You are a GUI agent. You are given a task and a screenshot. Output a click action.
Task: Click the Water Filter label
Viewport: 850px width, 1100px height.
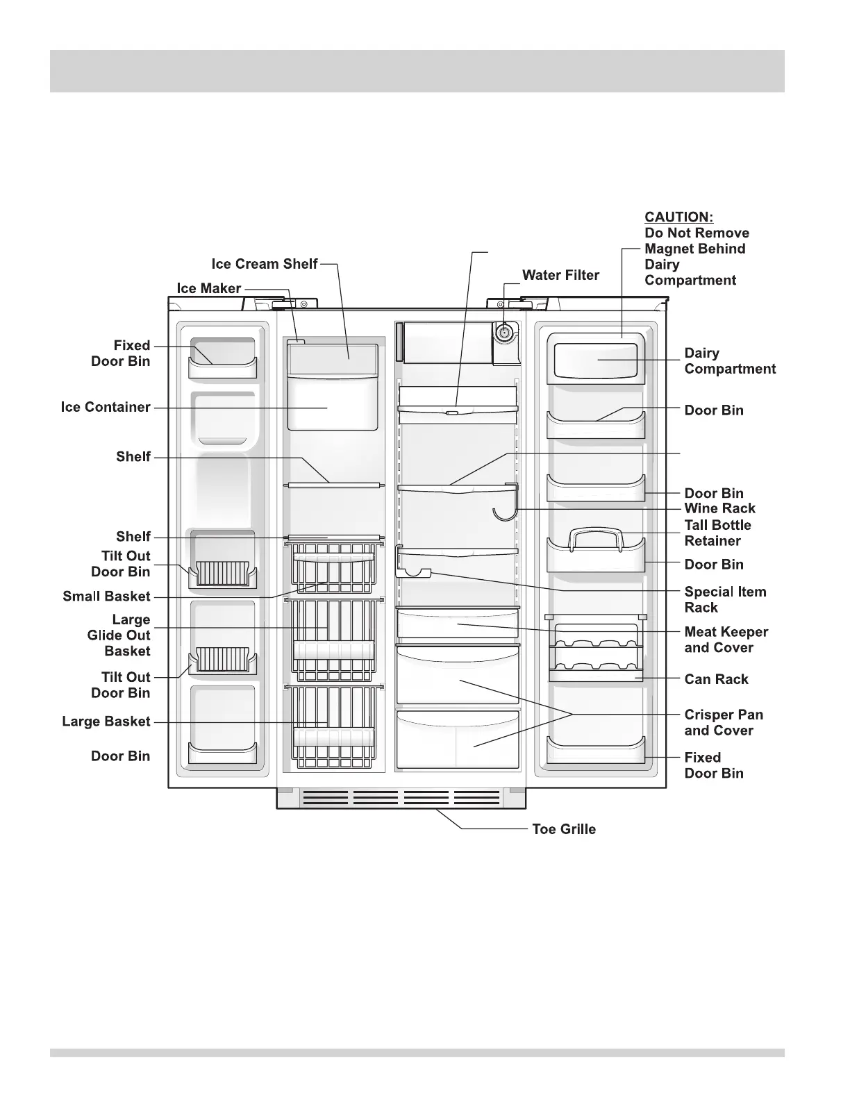560,275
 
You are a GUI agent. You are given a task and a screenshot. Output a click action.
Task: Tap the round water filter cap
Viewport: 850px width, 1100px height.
503,333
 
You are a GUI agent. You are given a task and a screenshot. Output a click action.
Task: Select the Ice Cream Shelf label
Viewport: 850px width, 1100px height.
264,264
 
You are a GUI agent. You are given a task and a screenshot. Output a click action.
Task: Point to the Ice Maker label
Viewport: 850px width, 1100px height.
208,288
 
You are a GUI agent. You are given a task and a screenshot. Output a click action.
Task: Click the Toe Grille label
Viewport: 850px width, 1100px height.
563,829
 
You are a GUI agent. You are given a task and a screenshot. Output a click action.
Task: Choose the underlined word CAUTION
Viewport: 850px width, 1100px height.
678,217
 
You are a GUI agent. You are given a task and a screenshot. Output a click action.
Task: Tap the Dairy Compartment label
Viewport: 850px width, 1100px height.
729,361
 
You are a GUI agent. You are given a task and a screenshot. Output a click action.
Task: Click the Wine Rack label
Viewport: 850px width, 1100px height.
719,508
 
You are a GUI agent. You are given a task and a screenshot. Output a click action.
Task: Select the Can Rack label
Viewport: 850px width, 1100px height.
716,679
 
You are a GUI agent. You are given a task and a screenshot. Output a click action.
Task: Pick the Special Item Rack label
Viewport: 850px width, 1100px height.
725,599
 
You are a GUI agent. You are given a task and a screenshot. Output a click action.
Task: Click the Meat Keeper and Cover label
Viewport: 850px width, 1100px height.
726,640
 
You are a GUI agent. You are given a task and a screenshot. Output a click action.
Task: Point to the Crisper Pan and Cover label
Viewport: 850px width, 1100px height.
723,722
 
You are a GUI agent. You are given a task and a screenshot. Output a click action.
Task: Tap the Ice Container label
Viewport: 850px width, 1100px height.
106,407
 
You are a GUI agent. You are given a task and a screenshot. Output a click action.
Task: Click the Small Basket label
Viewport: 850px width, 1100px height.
106,596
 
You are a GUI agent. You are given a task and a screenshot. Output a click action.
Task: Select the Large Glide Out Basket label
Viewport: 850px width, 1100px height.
119,635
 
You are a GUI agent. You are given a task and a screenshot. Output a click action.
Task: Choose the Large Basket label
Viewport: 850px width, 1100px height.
106,722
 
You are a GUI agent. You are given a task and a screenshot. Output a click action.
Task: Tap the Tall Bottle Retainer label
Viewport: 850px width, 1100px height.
717,533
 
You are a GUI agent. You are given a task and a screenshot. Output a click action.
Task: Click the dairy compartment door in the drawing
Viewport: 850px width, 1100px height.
596,359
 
